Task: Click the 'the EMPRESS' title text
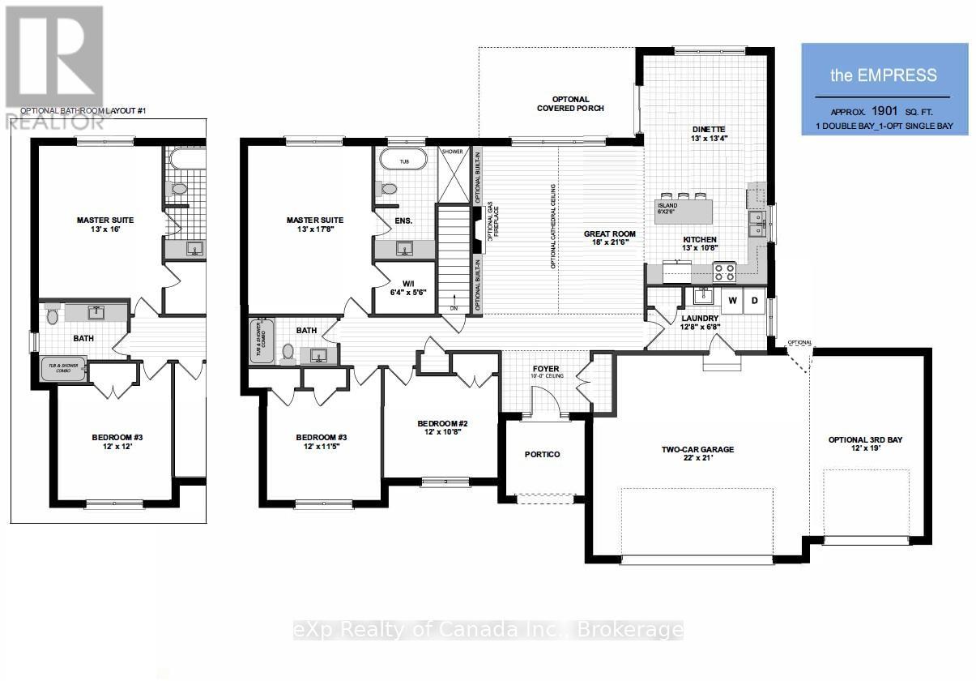(884, 75)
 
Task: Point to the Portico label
(542, 454)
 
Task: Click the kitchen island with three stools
(684, 211)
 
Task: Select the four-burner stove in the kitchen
(723, 272)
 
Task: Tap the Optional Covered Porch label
(570, 102)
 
